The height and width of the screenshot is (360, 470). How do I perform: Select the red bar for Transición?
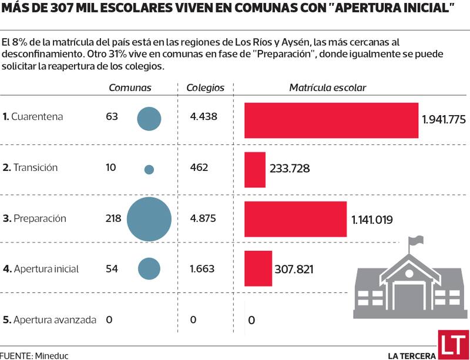(254, 169)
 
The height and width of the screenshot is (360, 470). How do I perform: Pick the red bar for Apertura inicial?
(258, 269)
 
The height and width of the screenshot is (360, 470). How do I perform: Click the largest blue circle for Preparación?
(149, 219)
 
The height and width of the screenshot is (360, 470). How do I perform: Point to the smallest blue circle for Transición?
(149, 169)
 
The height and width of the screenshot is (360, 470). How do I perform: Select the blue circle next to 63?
(149, 119)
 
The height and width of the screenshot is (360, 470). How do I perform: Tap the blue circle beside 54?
(149, 269)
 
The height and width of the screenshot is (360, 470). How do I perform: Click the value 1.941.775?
(444, 120)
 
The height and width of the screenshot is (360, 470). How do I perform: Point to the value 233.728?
(290, 169)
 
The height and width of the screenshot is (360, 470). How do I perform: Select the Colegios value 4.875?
(203, 218)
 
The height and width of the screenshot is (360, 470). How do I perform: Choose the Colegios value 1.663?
(203, 268)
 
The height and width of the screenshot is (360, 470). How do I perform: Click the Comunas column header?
(130, 88)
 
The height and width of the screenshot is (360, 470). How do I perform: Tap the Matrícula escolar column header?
(327, 88)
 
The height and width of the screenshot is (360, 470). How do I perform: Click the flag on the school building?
(416, 240)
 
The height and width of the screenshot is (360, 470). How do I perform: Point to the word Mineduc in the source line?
(52, 355)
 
